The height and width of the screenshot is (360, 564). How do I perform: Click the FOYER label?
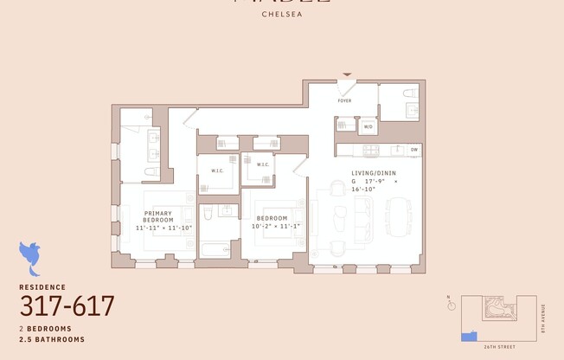pyautogui.click(x=344, y=112)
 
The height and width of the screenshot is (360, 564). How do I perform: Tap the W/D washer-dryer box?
pyautogui.click(x=368, y=127)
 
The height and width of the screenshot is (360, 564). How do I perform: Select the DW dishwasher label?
pyautogui.click(x=414, y=150)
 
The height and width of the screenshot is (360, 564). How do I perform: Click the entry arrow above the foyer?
pyautogui.click(x=348, y=76)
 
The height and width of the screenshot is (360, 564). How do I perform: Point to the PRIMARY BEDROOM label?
pyautogui.click(x=158, y=216)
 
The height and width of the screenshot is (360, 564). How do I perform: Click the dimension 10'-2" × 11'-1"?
pyautogui.click(x=275, y=226)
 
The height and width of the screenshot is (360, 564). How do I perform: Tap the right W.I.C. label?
pyautogui.click(x=263, y=164)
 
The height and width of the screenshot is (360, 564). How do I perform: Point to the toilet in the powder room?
pyautogui.click(x=409, y=92)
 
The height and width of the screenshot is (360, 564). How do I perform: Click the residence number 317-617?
pyautogui.click(x=67, y=306)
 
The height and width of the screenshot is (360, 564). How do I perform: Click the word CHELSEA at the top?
pyautogui.click(x=282, y=14)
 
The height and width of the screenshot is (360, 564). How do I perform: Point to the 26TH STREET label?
pyautogui.click(x=501, y=346)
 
